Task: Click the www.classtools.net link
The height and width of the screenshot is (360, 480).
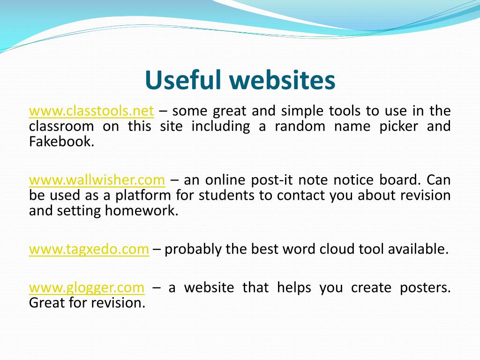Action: tap(91, 111)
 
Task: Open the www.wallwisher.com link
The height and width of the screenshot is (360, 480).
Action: tap(97, 180)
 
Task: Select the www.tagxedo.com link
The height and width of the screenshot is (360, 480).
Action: tap(89, 249)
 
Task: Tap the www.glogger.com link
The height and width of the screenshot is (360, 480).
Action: tap(87, 288)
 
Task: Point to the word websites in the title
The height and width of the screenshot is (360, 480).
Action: tap(282, 81)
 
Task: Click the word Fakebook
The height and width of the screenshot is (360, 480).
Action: tap(61, 142)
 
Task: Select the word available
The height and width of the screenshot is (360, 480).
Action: tap(418, 249)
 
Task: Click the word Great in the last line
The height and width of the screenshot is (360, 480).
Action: tap(47, 303)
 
